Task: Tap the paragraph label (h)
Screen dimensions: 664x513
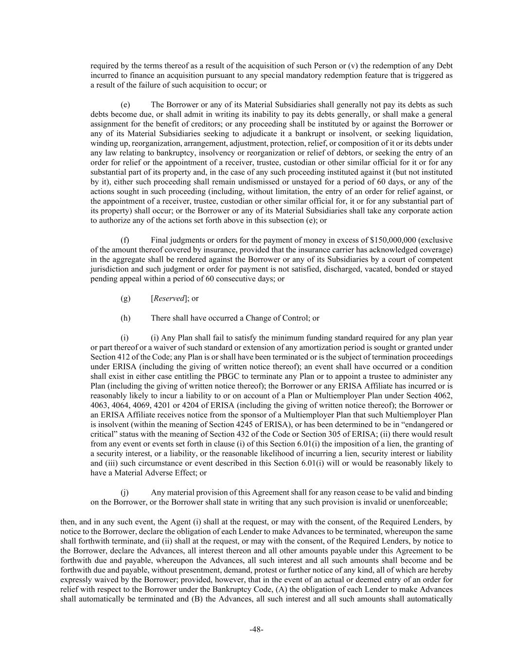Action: click(125, 318)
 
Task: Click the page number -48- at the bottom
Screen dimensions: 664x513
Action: click(256, 629)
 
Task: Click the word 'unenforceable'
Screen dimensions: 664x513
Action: click(423, 502)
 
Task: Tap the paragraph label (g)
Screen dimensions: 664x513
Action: click(125, 299)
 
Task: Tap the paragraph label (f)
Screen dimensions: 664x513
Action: click(125, 240)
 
